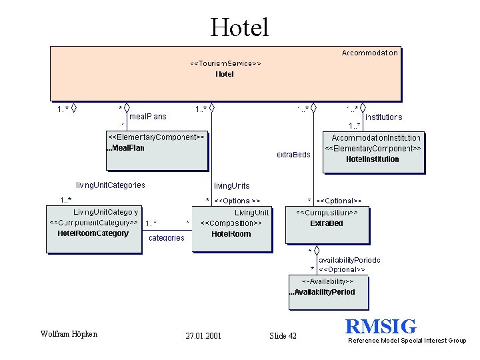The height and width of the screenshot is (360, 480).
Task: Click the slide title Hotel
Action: [x=239, y=27]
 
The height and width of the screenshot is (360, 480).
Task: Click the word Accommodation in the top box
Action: [x=370, y=53]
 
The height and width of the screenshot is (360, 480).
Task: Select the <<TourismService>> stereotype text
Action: [x=225, y=63]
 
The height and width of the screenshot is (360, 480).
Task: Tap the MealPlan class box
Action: [x=157, y=149]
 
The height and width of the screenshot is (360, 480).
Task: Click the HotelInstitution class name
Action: [x=373, y=159]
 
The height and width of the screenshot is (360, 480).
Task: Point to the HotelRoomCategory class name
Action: [x=93, y=233]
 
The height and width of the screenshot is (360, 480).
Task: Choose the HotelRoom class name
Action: [x=231, y=234]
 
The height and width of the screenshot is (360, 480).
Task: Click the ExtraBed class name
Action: [x=327, y=223]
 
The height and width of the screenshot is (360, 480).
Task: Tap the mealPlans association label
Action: [x=148, y=116]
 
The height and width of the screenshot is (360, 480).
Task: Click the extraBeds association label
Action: [x=293, y=155]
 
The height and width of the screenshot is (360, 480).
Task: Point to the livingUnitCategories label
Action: [x=111, y=185]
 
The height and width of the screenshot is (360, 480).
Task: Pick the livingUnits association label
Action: [x=232, y=185]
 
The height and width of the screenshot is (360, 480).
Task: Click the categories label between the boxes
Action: [x=167, y=238]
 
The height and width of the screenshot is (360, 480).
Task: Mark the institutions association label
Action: [x=383, y=117]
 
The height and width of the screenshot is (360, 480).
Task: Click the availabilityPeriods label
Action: [x=349, y=259]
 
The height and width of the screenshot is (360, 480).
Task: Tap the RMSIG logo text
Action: [x=381, y=327]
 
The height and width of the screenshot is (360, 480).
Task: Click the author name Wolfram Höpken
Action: [x=69, y=334]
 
